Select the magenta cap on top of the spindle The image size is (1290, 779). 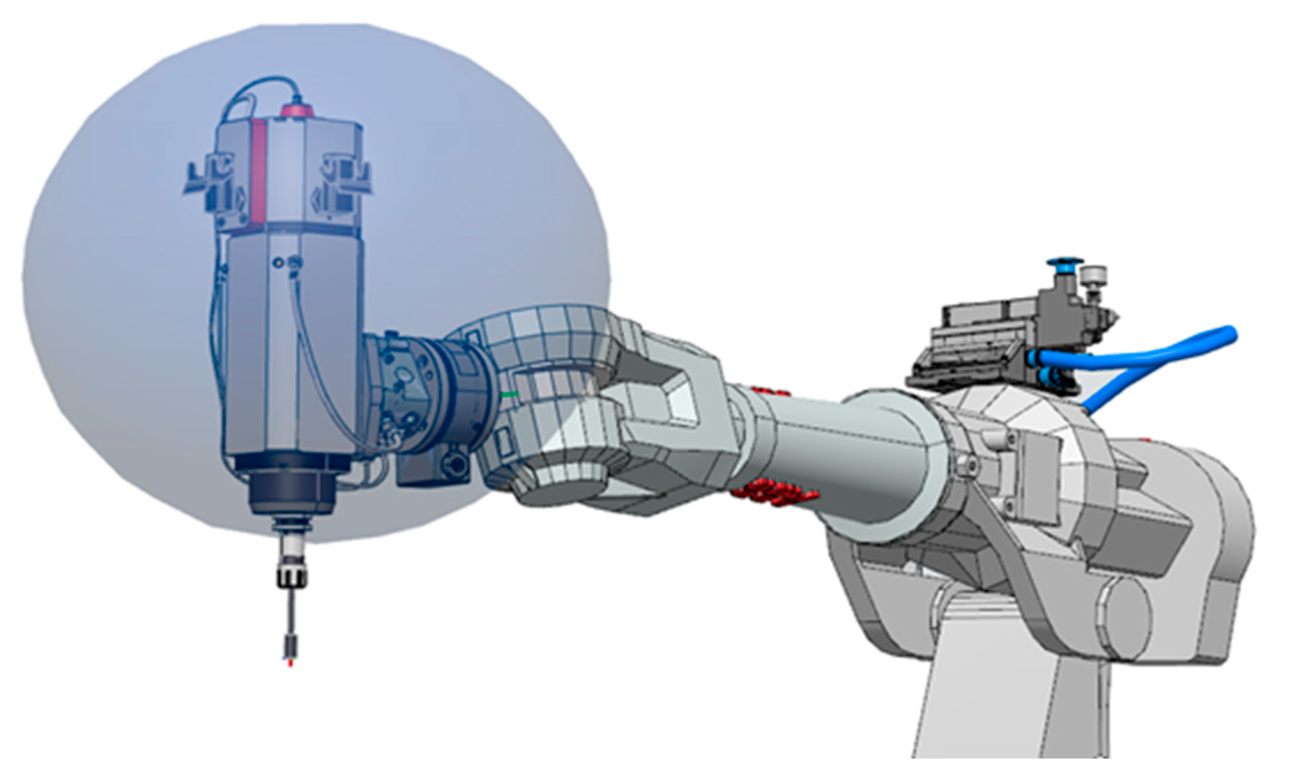tap(296, 109)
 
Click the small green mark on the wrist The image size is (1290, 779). tap(509, 394)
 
